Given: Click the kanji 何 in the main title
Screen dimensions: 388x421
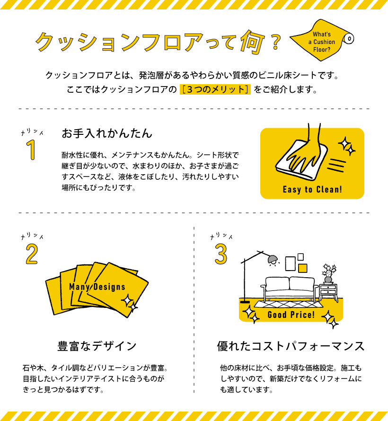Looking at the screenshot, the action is pos(252,43).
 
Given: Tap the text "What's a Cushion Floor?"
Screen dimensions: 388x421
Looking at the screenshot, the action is pos(322,42).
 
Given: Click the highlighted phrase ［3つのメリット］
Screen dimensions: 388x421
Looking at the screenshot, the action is pos(215,89).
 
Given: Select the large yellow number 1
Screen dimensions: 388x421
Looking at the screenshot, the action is pos(31,150).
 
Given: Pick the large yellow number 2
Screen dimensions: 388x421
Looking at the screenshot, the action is pos(32,254).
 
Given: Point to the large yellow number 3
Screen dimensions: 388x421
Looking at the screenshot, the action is pos(221,254).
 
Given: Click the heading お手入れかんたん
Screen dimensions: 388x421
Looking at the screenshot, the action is pos(107,133).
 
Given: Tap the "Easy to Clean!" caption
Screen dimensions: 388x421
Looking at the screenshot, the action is pos(312,189).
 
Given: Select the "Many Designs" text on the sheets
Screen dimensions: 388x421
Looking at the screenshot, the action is pos(97,287).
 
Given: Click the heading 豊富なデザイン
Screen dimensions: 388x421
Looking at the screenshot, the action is pos(97,346).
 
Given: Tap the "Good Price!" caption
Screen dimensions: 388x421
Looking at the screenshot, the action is pos(291,315).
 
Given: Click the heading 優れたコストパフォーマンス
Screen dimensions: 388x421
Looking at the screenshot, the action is pos(291,346).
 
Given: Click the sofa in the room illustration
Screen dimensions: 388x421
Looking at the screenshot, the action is pos(290,289).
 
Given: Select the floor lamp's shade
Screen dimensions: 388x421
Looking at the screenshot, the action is pos(273,260).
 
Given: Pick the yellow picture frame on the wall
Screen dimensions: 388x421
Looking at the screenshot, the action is pos(303,268).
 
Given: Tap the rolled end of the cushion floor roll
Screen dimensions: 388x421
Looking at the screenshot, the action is pos(349,39).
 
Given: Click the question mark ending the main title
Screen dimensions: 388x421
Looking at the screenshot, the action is pos(275,42).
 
